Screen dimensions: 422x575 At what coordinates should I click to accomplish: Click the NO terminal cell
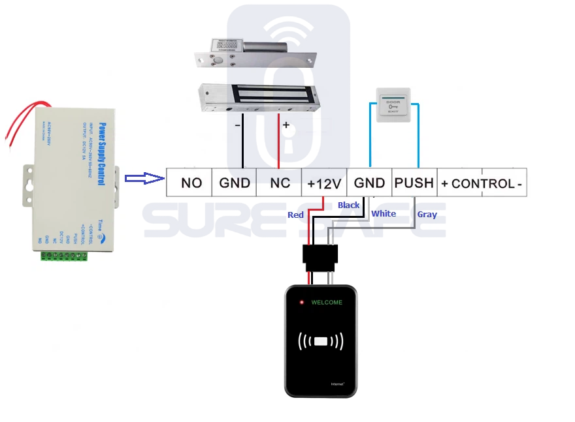tap(191, 183)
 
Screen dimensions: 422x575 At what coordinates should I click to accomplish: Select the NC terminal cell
tap(280, 183)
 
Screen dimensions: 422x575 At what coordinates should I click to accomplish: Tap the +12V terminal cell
tap(324, 183)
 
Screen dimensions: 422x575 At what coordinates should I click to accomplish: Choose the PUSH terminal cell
tap(414, 183)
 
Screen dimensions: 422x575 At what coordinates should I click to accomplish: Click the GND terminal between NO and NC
tap(235, 183)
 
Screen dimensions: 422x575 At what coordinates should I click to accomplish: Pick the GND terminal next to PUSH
tap(369, 183)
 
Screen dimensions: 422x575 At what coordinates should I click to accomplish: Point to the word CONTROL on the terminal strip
tap(483, 184)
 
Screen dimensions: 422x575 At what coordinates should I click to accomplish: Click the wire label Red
tap(296, 215)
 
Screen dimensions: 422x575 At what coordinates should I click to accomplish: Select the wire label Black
tap(348, 205)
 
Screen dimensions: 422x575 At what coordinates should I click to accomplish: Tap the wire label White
tap(384, 213)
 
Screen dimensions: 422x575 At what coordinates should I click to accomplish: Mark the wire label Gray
tap(427, 215)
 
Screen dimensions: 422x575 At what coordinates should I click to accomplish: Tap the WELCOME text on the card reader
tap(326, 303)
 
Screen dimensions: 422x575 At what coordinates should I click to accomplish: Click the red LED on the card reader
tap(301, 303)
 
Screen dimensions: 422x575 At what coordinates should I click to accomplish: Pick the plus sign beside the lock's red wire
tap(285, 124)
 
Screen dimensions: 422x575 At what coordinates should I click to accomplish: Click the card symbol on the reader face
tap(320, 341)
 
